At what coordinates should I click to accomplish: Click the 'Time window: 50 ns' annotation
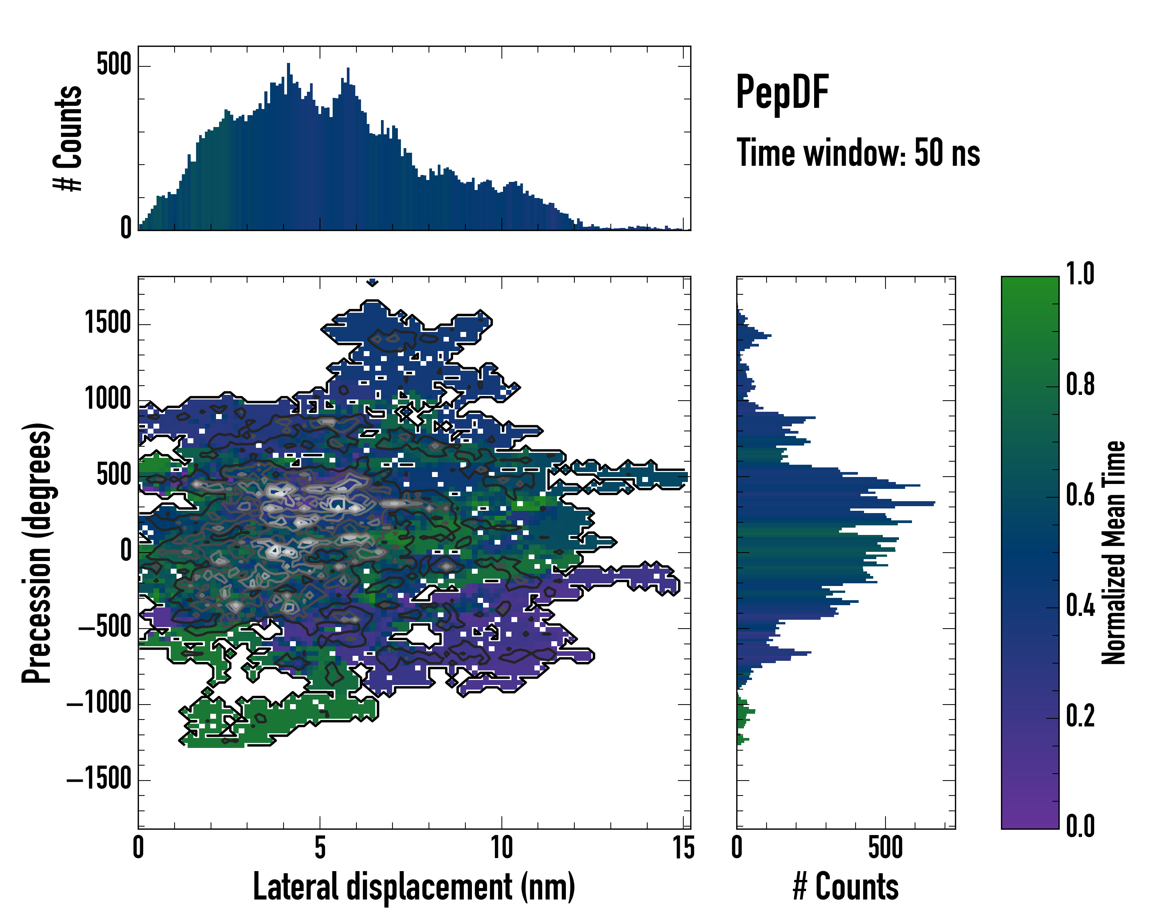(858, 153)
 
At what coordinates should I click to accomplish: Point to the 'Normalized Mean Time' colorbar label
(1114, 553)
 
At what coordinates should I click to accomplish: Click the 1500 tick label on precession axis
(108, 323)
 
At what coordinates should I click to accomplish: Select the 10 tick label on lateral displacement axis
(501, 847)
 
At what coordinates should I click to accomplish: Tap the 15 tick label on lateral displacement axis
(683, 847)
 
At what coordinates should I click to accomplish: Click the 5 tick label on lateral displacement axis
(320, 847)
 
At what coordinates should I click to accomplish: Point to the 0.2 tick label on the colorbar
(1080, 716)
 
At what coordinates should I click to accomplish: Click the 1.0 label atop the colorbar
(1080, 274)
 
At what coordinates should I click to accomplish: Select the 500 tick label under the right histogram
(885, 847)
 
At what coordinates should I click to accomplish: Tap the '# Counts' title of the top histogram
(68, 138)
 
